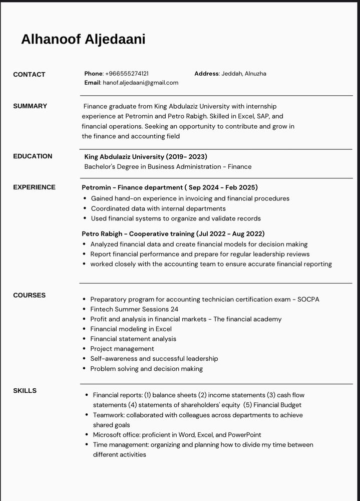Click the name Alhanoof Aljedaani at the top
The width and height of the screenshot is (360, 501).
pyautogui.click(x=83, y=40)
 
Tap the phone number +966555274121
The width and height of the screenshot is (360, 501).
pyautogui.click(x=127, y=74)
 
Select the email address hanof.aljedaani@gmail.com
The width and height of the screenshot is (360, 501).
pyautogui.click(x=140, y=83)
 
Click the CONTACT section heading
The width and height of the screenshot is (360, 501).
pyautogui.click(x=29, y=75)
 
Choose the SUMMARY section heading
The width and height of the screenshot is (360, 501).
pyautogui.click(x=30, y=106)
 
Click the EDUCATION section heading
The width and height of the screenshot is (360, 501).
pyautogui.click(x=33, y=156)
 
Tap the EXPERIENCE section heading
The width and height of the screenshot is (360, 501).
pyautogui.click(x=34, y=187)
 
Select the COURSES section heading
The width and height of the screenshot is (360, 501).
pyautogui.click(x=29, y=296)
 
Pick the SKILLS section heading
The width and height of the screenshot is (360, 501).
pyautogui.click(x=25, y=391)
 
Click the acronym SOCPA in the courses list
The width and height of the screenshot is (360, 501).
pyautogui.click(x=308, y=299)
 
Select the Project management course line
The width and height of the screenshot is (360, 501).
pyautogui.click(x=122, y=349)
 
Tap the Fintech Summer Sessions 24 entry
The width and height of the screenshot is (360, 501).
pyautogui.click(x=134, y=309)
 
